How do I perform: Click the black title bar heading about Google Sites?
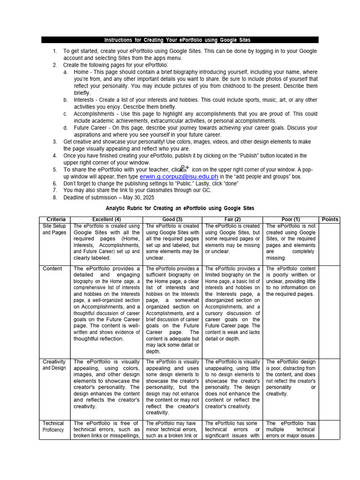[x=180, y=40]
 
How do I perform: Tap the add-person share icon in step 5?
[x=185, y=168]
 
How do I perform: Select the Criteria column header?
[x=56, y=219]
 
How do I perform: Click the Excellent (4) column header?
[x=106, y=219]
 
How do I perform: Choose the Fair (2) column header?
[x=232, y=219]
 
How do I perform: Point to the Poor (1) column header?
[x=291, y=219]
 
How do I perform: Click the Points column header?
[x=330, y=219]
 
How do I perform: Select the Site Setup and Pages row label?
[x=54, y=229]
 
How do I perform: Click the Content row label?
[x=52, y=269]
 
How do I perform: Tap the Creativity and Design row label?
[x=54, y=365]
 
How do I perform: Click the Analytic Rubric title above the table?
[x=180, y=208]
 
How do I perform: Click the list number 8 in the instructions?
[x=54, y=197]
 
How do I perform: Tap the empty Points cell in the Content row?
[x=330, y=309]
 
